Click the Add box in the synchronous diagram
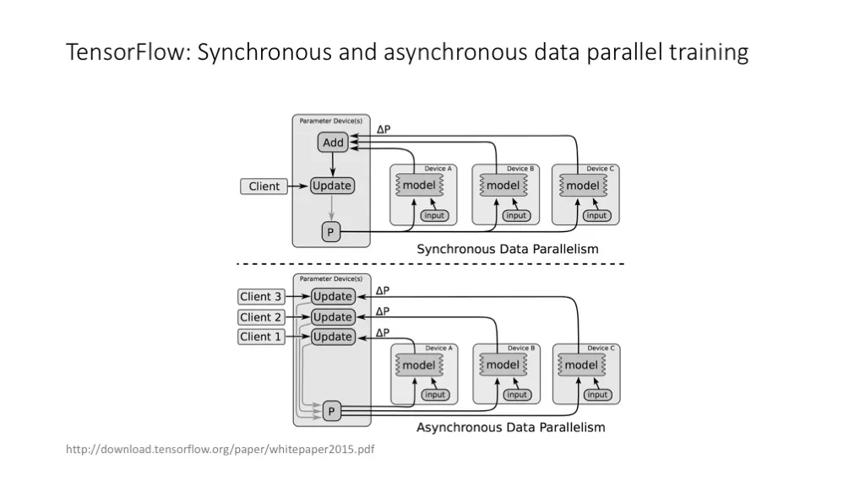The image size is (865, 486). click(x=333, y=142)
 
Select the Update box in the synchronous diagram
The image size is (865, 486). click(x=331, y=186)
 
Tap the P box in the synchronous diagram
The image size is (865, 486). click(x=330, y=232)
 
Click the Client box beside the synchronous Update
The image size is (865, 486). click(x=264, y=186)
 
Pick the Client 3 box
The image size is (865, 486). click(x=261, y=296)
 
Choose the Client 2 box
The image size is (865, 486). click(x=261, y=317)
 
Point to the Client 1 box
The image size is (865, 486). click(x=261, y=337)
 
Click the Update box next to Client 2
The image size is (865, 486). click(x=332, y=317)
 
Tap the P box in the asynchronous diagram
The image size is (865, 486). click(x=331, y=411)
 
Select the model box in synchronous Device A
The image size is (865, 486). click(x=419, y=185)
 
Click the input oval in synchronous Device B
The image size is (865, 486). click(x=516, y=215)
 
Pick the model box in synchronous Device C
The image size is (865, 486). click(x=583, y=186)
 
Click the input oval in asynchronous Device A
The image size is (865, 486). click(x=435, y=395)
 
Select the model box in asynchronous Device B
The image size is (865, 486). click(x=503, y=364)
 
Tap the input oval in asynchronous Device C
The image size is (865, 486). click(x=597, y=395)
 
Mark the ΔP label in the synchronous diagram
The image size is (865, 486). click(x=384, y=129)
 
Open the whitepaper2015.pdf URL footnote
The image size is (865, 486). click(x=220, y=449)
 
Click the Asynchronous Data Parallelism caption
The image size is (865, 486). click(x=510, y=427)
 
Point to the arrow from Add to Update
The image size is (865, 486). click(x=333, y=165)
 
